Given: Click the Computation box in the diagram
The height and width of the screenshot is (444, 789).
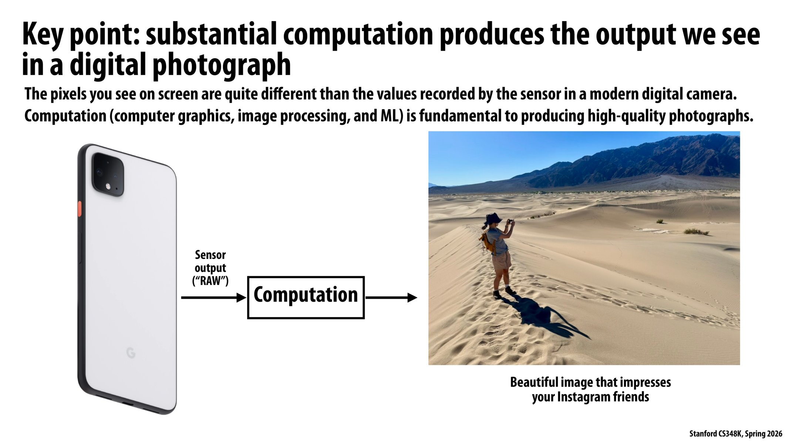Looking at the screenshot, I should point(306,297).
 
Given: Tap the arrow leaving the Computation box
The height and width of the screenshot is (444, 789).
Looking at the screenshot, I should point(391,297).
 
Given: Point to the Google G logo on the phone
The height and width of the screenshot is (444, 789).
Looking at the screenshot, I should point(131,353).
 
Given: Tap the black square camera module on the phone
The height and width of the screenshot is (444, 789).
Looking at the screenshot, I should point(108,174).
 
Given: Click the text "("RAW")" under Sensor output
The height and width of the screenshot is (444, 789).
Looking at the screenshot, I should point(210,281).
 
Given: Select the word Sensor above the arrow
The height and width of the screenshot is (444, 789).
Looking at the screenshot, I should point(210,255).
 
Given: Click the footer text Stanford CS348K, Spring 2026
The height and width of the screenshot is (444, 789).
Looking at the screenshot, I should point(735,434).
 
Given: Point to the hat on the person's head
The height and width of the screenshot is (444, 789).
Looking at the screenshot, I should point(493,218).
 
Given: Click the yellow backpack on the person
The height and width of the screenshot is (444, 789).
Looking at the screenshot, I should point(488,240).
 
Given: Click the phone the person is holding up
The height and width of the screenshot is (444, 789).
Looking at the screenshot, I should point(510,221).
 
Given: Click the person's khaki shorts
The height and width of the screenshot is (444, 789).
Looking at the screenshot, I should point(502,260).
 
